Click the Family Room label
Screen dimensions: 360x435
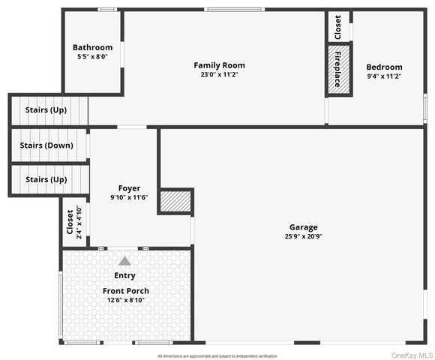coord(219,65)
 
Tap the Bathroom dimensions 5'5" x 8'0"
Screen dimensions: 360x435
coord(92,57)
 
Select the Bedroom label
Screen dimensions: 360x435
coord(384,67)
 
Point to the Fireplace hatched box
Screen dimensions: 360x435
coord(337,70)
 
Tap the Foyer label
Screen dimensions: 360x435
coord(129,188)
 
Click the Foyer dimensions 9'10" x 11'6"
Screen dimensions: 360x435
coord(129,197)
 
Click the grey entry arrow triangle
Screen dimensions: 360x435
coord(124,261)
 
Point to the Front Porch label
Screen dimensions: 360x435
coord(125,291)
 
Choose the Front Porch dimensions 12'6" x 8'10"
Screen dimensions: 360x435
coord(125,300)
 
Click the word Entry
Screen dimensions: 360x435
coord(124,276)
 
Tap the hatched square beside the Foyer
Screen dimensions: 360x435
coord(177,201)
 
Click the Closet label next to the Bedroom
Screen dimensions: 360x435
coord(337,27)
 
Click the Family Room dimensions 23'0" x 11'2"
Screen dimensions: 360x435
coord(219,74)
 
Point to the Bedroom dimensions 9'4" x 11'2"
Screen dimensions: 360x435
coord(384,76)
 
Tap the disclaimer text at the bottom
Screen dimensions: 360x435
coord(217,355)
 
